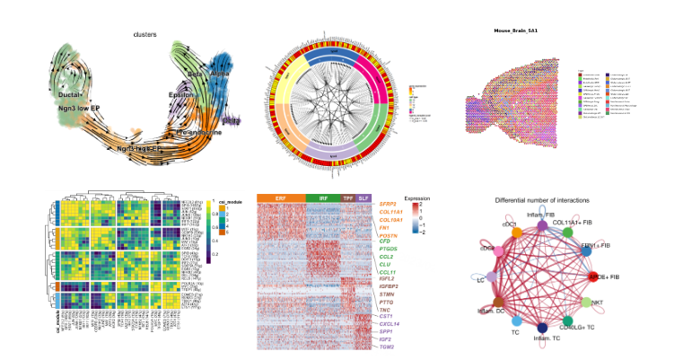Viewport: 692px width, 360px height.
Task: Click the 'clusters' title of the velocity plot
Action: (x=145, y=35)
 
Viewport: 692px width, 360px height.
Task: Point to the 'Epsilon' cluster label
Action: (x=180, y=94)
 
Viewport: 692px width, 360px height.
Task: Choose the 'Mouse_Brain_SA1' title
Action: (x=515, y=31)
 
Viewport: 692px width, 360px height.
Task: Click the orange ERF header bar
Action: (x=281, y=198)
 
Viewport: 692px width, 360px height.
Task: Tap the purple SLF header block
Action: (x=363, y=198)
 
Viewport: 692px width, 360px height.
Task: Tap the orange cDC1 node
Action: (x=517, y=233)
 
